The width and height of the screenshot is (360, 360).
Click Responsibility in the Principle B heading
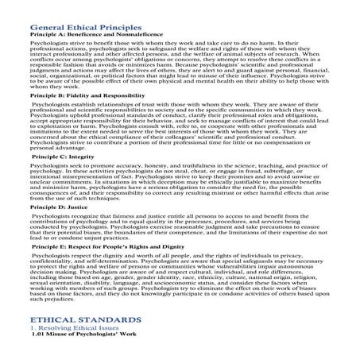pyautogui.click(x=123, y=117)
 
